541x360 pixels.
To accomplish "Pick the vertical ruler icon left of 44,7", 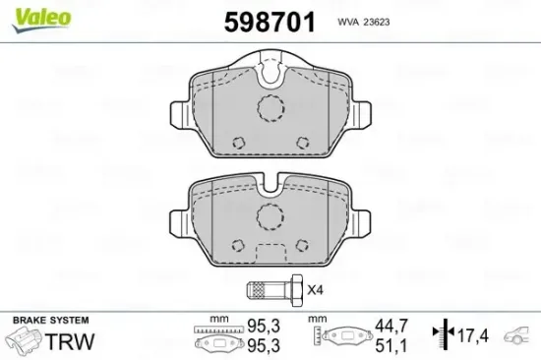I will [317, 336].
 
